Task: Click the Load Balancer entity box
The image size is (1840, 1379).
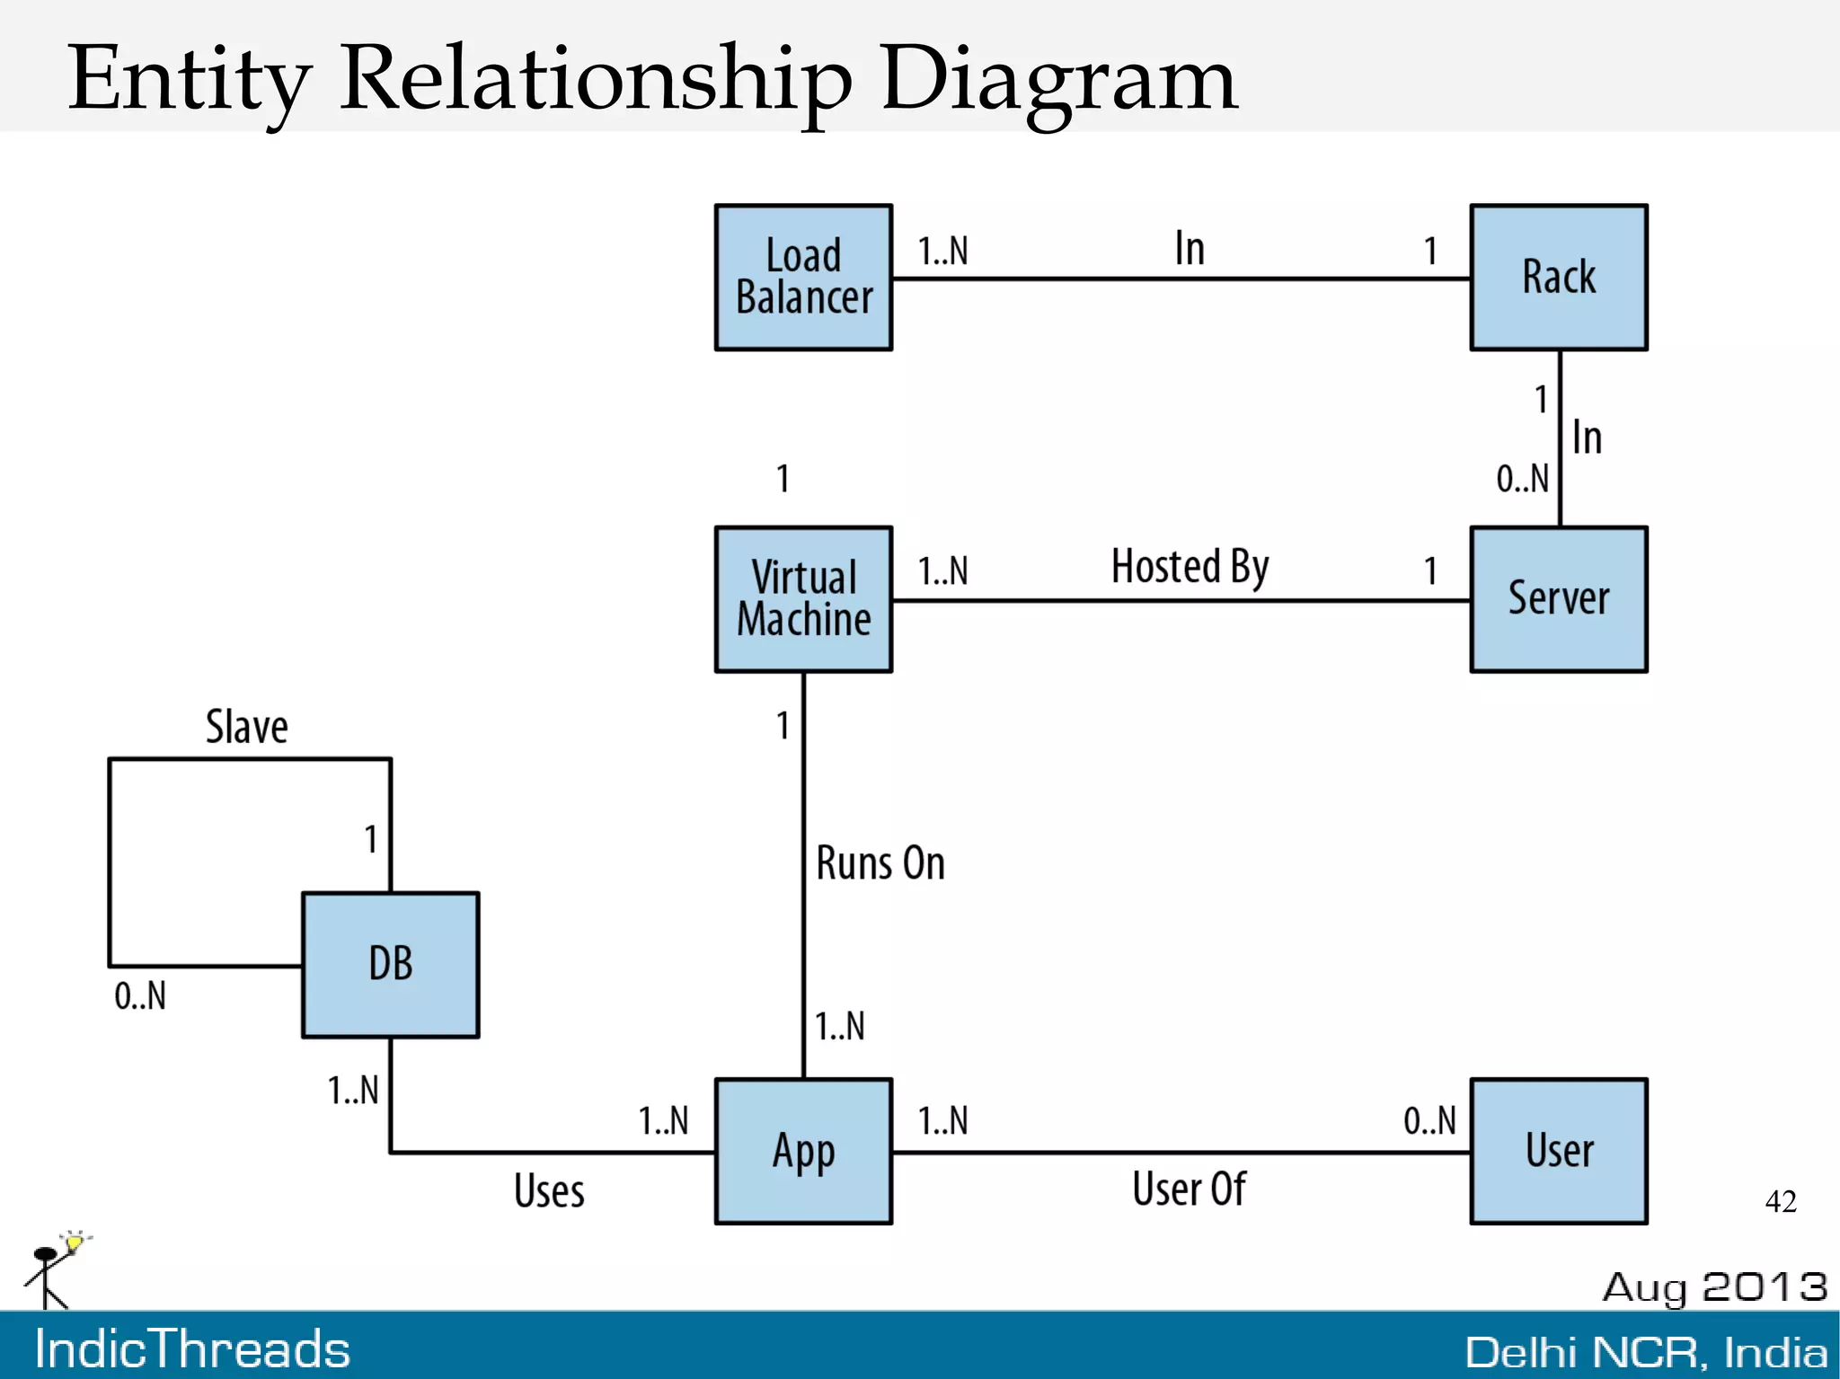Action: (x=803, y=277)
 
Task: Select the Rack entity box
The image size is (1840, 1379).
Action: (x=1558, y=277)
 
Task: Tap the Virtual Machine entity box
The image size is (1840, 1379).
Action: (x=803, y=598)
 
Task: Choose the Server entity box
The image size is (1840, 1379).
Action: (x=1558, y=598)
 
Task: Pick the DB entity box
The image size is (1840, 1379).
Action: (x=390, y=964)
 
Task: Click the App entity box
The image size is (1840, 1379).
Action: (x=803, y=1151)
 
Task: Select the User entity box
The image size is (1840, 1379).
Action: (x=1558, y=1151)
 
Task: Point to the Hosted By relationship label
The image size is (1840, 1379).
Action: (x=1190, y=567)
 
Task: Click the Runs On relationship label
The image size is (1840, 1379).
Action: (x=880, y=863)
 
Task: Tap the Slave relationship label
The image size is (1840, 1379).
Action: (x=246, y=727)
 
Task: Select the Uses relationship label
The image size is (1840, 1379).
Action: (x=549, y=1190)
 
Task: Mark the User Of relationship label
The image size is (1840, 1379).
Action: (x=1189, y=1189)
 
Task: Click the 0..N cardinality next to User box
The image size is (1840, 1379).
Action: (x=1429, y=1120)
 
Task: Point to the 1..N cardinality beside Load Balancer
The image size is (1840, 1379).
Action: (x=942, y=251)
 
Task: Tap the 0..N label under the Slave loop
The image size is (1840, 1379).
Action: (x=140, y=995)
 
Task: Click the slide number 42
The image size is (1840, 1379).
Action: (x=1781, y=1201)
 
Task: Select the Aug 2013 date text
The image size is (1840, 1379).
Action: (x=1714, y=1286)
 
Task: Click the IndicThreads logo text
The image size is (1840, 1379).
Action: (x=192, y=1348)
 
